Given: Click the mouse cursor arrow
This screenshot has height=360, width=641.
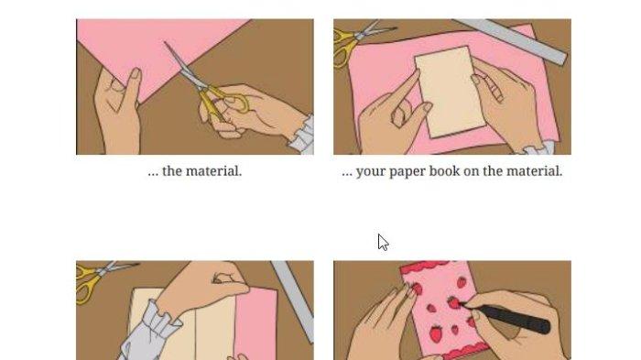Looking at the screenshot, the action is tap(383, 242).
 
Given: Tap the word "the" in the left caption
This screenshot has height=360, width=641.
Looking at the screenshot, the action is tap(172, 171).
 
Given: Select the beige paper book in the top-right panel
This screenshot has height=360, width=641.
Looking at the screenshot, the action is tap(451, 92).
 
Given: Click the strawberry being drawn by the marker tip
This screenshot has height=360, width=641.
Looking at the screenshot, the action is tap(453, 302).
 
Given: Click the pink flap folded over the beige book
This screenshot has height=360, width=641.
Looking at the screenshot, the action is tap(255, 323).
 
